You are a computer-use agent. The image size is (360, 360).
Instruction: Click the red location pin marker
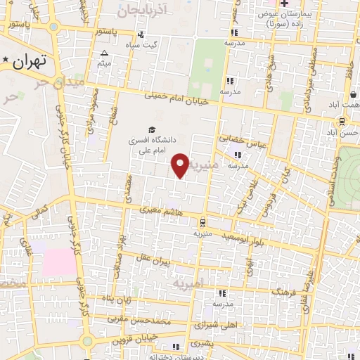[180, 165]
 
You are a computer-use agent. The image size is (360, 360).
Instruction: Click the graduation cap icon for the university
[151, 129]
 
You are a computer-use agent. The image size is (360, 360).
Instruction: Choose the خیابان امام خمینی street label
[177, 98]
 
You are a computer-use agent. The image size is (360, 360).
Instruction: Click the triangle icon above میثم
[104, 53]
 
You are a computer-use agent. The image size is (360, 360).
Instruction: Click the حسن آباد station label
[342, 132]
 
